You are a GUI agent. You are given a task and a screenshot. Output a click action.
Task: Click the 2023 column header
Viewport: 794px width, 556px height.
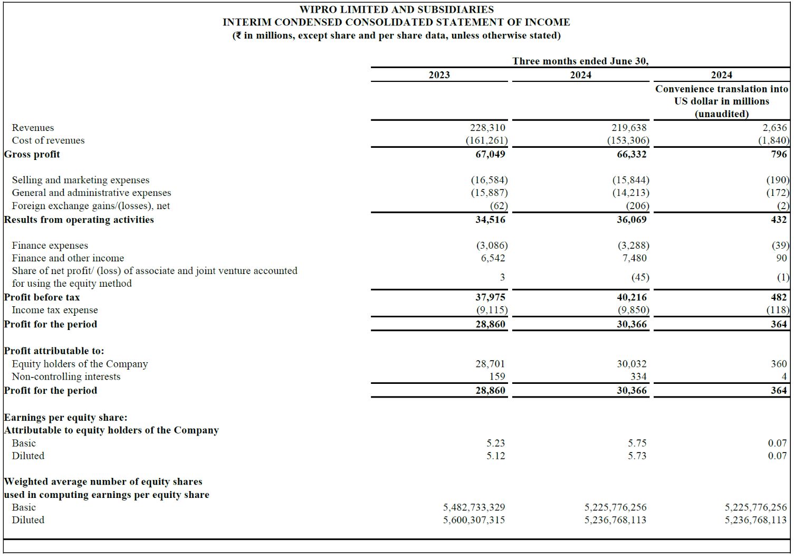tap(439, 75)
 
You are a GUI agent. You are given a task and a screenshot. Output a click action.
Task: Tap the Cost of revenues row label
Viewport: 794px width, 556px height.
tap(48, 140)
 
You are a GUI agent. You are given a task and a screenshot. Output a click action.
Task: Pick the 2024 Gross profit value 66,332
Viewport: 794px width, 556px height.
tap(632, 154)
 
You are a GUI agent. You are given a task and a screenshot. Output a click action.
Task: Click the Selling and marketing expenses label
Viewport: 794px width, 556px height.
tap(81, 180)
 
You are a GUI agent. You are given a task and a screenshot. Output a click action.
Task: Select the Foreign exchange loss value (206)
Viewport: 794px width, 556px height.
tap(637, 206)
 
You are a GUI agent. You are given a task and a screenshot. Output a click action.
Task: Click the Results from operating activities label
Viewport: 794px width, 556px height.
tap(79, 220)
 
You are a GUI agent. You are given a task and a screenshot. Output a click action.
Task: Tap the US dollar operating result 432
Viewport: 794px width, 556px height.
tap(779, 220)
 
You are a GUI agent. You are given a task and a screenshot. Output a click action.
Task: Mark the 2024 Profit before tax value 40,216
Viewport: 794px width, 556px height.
tap(632, 297)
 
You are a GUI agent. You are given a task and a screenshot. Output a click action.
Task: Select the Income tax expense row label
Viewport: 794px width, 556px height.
tap(55, 310)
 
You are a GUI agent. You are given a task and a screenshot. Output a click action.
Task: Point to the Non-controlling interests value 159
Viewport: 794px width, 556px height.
tap(497, 376)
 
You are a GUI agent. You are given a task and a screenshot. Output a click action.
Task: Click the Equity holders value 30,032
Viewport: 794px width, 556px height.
tap(632, 364)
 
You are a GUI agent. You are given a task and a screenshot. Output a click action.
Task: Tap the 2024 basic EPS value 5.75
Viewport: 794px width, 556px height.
tap(637, 443)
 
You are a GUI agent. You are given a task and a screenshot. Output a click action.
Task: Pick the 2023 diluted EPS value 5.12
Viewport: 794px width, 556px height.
tap(495, 456)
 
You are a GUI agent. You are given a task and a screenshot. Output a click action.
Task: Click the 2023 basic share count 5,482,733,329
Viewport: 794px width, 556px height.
tap(474, 507)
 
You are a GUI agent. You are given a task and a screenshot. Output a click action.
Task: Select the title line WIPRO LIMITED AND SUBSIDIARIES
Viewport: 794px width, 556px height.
tap(396, 10)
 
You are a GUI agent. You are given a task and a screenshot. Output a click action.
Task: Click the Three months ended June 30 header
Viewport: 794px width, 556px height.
tap(580, 61)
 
